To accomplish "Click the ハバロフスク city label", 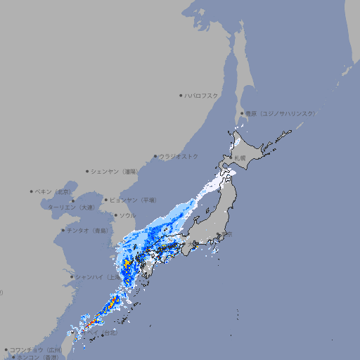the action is click(x=202, y=96).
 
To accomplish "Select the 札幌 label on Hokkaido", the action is click(x=240, y=157).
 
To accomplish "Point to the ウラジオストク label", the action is click(x=179, y=156).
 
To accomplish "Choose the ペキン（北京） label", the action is click(x=53, y=191).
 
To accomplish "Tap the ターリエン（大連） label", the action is click(x=71, y=208).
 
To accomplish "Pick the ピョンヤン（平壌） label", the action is click(x=134, y=200).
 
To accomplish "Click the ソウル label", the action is click(x=127, y=215).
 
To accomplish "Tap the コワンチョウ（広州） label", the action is click(x=36, y=349).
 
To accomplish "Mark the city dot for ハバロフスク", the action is click(x=181, y=96).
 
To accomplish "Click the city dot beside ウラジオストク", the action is click(x=155, y=156).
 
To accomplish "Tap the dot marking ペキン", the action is click(x=32, y=191).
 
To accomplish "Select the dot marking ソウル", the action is click(x=116, y=215).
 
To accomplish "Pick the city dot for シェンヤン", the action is click(x=87, y=171).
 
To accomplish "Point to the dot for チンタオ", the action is click(x=63, y=230).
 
